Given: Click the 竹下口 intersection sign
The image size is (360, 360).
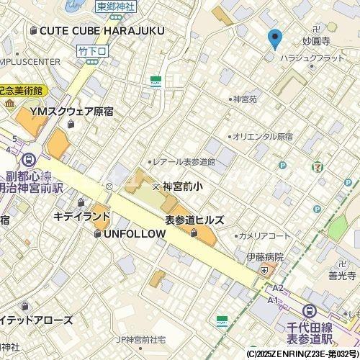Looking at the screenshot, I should click(x=90, y=50).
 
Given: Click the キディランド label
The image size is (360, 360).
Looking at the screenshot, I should click(x=82, y=216).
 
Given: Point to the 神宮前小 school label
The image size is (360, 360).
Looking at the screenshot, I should click(x=183, y=186).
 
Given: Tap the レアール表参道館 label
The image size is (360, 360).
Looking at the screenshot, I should click(x=184, y=162).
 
